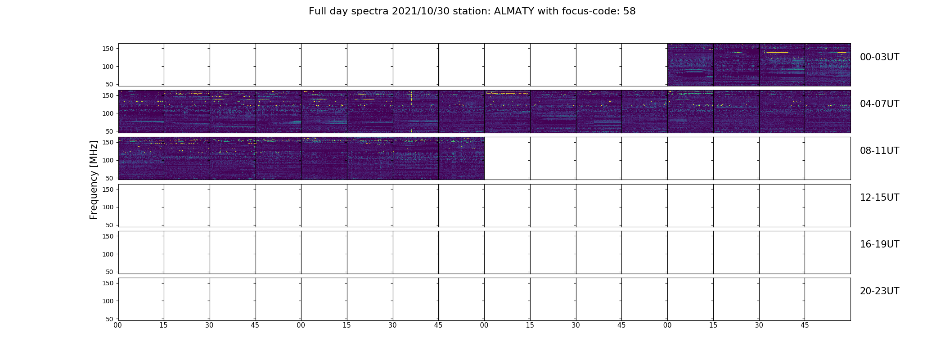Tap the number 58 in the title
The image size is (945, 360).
tap(630, 11)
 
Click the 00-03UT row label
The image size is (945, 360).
tap(879, 57)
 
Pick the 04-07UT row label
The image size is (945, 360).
tap(879, 104)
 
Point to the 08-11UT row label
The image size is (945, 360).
tap(879, 151)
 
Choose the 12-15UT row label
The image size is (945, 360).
tap(879, 198)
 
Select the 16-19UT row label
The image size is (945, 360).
tap(879, 244)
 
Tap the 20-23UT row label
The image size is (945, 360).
tap(879, 291)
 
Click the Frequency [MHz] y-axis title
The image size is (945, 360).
tap(94, 180)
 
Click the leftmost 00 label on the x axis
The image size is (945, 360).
tap(118, 325)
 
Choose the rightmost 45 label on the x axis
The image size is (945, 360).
tap(805, 325)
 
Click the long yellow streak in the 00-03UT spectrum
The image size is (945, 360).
tap(777, 53)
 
